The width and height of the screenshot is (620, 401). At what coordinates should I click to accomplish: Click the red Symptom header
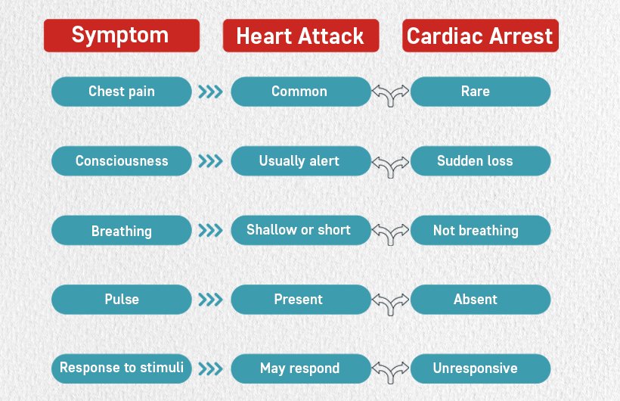(x=122, y=36)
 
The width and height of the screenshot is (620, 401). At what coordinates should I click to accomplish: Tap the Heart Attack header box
(x=301, y=36)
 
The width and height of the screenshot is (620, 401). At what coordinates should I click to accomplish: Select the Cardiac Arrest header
(x=480, y=36)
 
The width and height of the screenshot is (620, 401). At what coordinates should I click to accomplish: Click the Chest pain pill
(x=122, y=92)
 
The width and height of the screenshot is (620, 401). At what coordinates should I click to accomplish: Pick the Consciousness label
(x=122, y=160)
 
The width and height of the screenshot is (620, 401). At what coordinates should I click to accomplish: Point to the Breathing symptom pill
(x=122, y=231)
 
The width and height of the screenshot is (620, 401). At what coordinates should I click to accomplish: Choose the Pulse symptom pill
(x=122, y=300)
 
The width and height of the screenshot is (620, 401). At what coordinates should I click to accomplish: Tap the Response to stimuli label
(x=122, y=368)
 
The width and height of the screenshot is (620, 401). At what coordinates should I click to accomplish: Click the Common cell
(x=301, y=92)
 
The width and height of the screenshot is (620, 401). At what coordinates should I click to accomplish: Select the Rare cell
(x=480, y=92)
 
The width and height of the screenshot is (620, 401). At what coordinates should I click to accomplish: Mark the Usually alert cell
(x=301, y=160)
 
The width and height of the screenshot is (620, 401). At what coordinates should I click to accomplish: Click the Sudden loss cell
(x=480, y=160)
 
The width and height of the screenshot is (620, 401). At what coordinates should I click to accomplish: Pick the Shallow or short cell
(x=301, y=231)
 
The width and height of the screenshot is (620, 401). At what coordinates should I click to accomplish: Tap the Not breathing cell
(x=480, y=231)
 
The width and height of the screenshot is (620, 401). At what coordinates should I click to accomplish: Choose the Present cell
(x=301, y=300)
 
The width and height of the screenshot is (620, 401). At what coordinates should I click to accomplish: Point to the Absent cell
(x=480, y=300)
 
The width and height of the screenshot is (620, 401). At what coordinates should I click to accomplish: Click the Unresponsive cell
(x=480, y=368)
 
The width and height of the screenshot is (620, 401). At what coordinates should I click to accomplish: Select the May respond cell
(x=301, y=368)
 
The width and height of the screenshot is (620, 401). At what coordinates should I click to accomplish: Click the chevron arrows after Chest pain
(x=210, y=92)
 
